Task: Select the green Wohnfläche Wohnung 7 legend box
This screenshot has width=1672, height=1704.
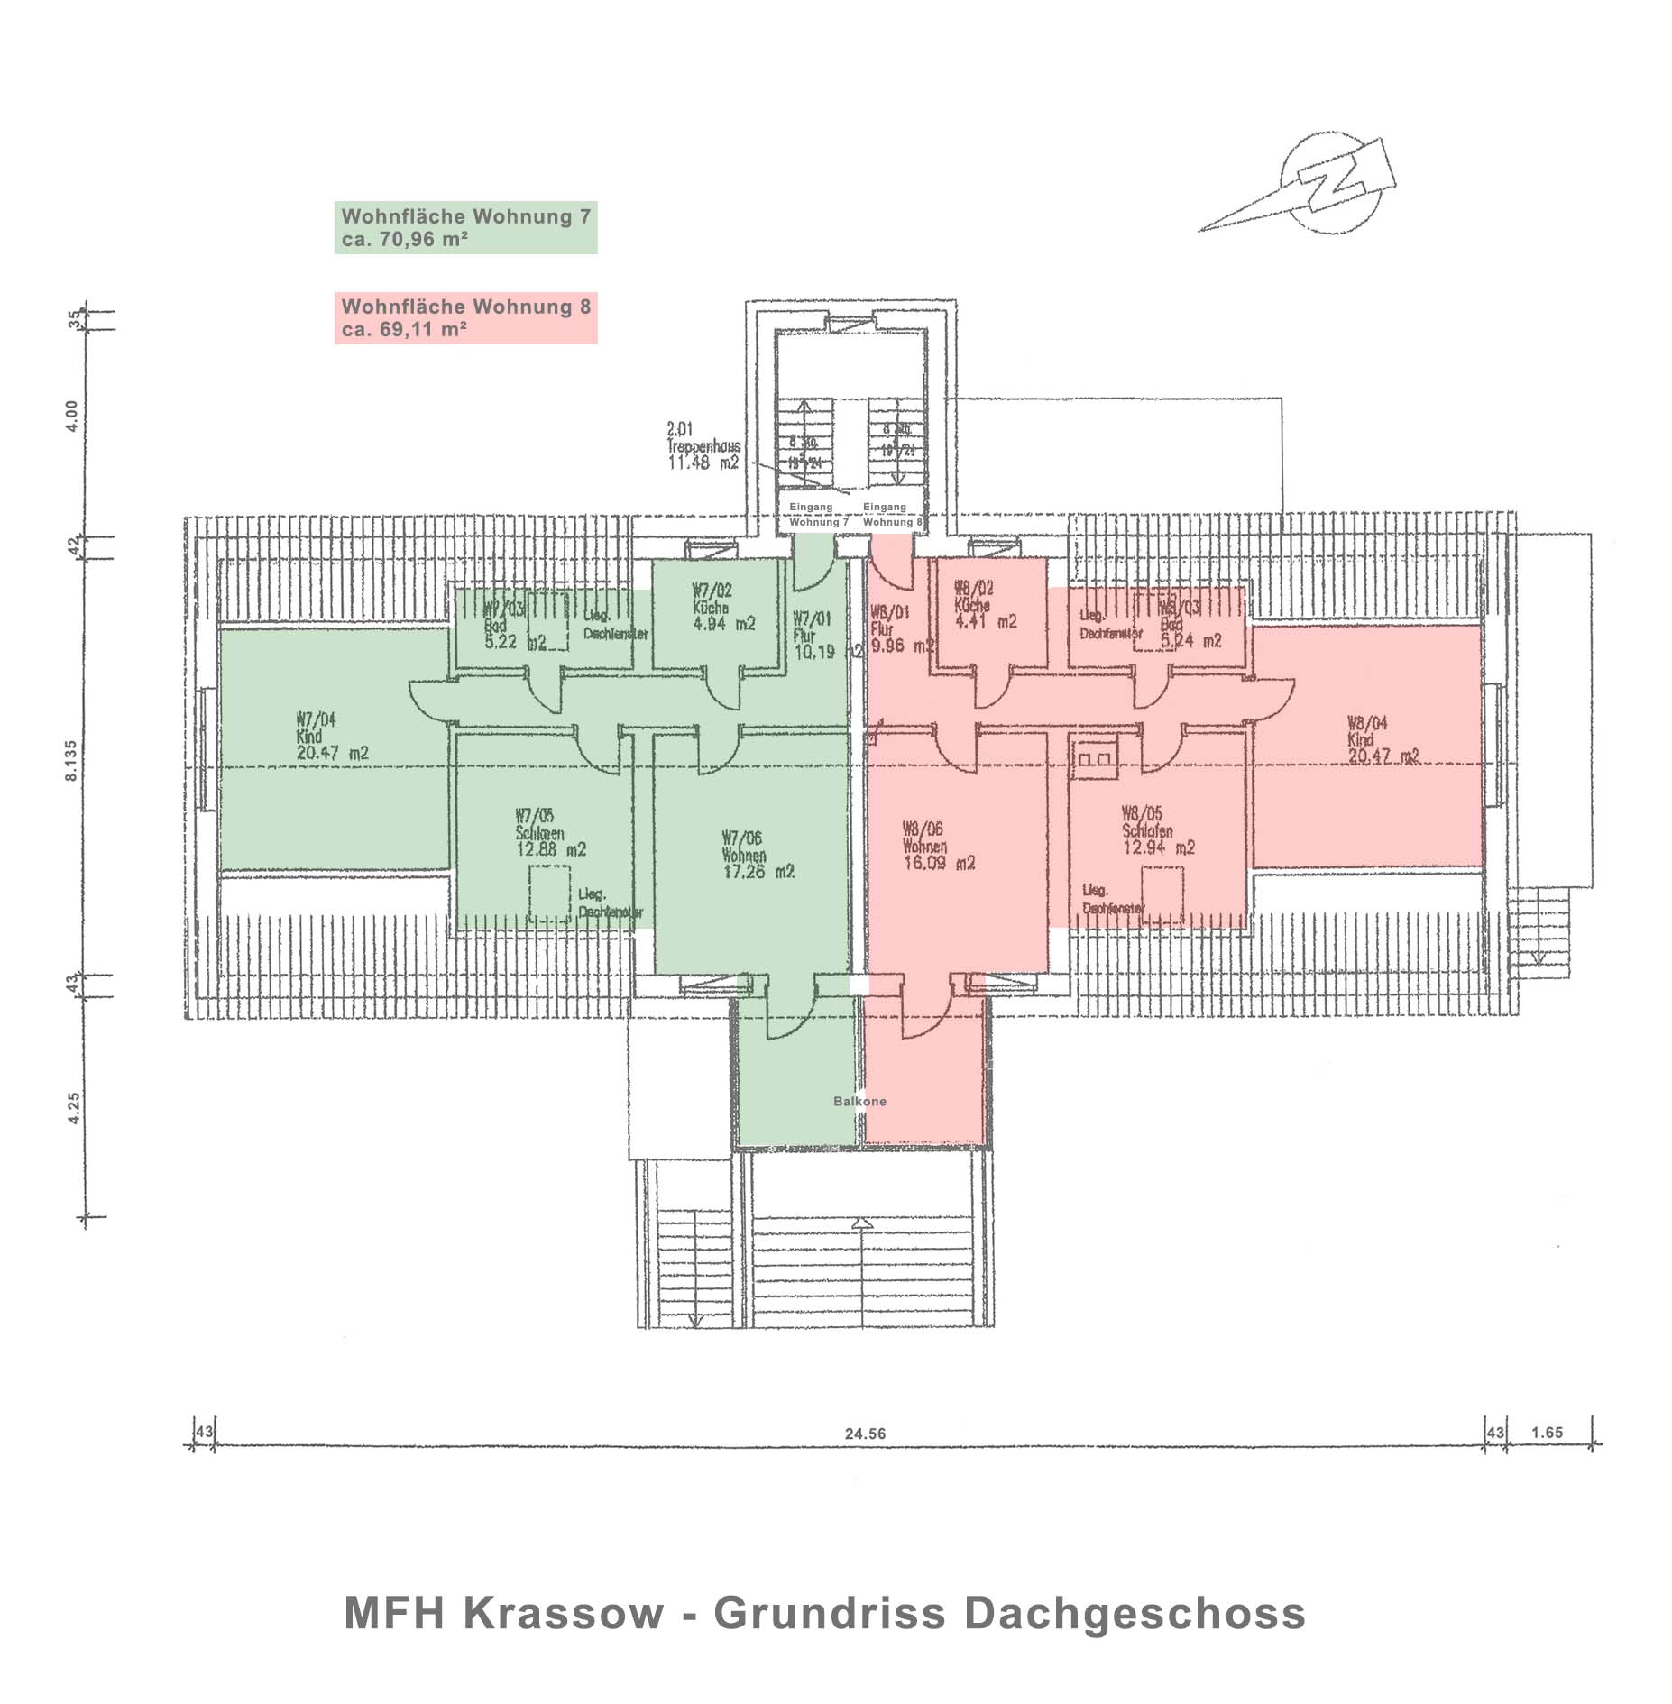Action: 465,227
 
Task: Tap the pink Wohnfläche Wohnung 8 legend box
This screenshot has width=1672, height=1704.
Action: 465,317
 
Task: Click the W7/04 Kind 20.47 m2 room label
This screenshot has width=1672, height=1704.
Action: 331,736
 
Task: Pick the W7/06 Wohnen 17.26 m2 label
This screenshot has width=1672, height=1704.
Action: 757,855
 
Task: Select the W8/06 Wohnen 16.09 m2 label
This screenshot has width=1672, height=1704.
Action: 937,846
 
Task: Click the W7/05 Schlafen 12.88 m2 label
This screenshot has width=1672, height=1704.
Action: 549,832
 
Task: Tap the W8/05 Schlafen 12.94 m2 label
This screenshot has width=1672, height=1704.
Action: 1157,830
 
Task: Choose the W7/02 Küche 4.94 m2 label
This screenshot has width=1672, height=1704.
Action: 722,607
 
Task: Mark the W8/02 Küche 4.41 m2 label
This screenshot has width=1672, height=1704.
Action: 984,605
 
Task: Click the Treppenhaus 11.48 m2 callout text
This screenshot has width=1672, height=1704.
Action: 703,446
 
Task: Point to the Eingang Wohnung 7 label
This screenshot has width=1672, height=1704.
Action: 817,515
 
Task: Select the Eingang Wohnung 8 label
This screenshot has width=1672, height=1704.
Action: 891,515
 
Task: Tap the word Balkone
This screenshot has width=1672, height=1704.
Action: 859,1102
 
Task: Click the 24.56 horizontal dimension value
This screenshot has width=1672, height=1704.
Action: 865,1434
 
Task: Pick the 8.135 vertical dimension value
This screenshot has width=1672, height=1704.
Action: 71,761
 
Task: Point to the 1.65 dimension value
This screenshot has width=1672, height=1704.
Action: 1547,1433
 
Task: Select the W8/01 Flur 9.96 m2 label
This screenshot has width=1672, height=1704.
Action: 899,628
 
